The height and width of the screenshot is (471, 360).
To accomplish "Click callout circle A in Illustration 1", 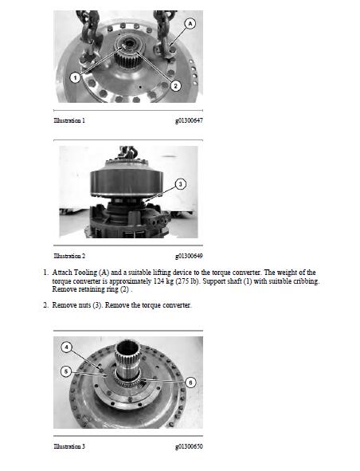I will [x=190, y=24].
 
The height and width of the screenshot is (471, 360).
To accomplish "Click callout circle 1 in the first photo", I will [x=74, y=77].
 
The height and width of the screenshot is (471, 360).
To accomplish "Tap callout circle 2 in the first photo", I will [x=176, y=85].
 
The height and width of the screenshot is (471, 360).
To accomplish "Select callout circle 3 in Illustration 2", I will [x=181, y=184].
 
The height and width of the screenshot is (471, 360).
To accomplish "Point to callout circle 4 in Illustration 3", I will [x=67, y=347].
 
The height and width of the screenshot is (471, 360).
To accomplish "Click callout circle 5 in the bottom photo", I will [x=67, y=371].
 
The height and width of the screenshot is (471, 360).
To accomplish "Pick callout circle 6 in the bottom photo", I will [x=190, y=382].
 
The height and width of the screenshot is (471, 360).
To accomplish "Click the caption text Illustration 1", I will [x=69, y=120].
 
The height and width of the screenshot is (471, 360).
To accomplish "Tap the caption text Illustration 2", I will [x=69, y=256].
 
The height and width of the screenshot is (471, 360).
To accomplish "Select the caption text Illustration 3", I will [x=69, y=446].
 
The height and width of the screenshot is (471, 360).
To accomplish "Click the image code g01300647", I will [x=189, y=120].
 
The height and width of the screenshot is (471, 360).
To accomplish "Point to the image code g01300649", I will [x=189, y=256].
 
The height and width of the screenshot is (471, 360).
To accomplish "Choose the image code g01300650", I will [x=189, y=446].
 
